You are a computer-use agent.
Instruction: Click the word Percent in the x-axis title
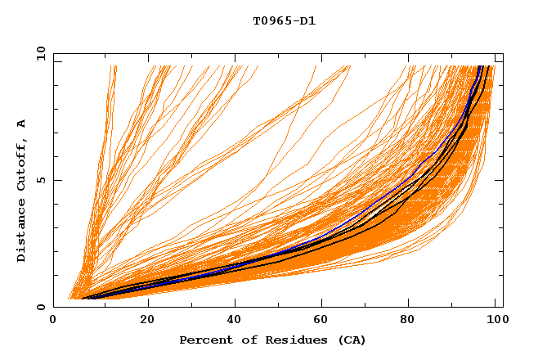(x=204, y=340)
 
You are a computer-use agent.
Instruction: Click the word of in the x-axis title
(x=244, y=340)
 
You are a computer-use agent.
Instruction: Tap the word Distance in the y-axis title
(x=22, y=231)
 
